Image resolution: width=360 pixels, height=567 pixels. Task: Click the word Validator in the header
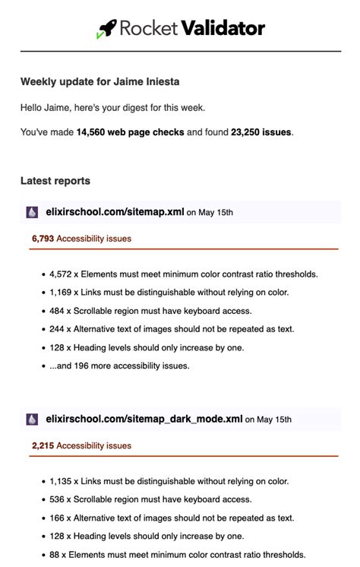(x=223, y=29)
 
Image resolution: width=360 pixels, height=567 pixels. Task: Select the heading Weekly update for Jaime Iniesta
(x=99, y=81)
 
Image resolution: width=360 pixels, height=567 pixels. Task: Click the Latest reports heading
(x=55, y=181)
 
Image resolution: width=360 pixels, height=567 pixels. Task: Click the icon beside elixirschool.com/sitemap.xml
(x=32, y=213)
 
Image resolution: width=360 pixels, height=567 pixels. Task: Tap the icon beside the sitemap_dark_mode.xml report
(x=32, y=420)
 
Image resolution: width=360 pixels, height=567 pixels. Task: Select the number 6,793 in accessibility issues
(x=43, y=239)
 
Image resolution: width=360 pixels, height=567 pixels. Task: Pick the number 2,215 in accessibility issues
(x=43, y=445)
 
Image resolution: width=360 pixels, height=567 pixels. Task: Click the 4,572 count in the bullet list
(x=62, y=274)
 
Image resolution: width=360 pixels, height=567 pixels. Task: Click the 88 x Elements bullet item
(x=177, y=554)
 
